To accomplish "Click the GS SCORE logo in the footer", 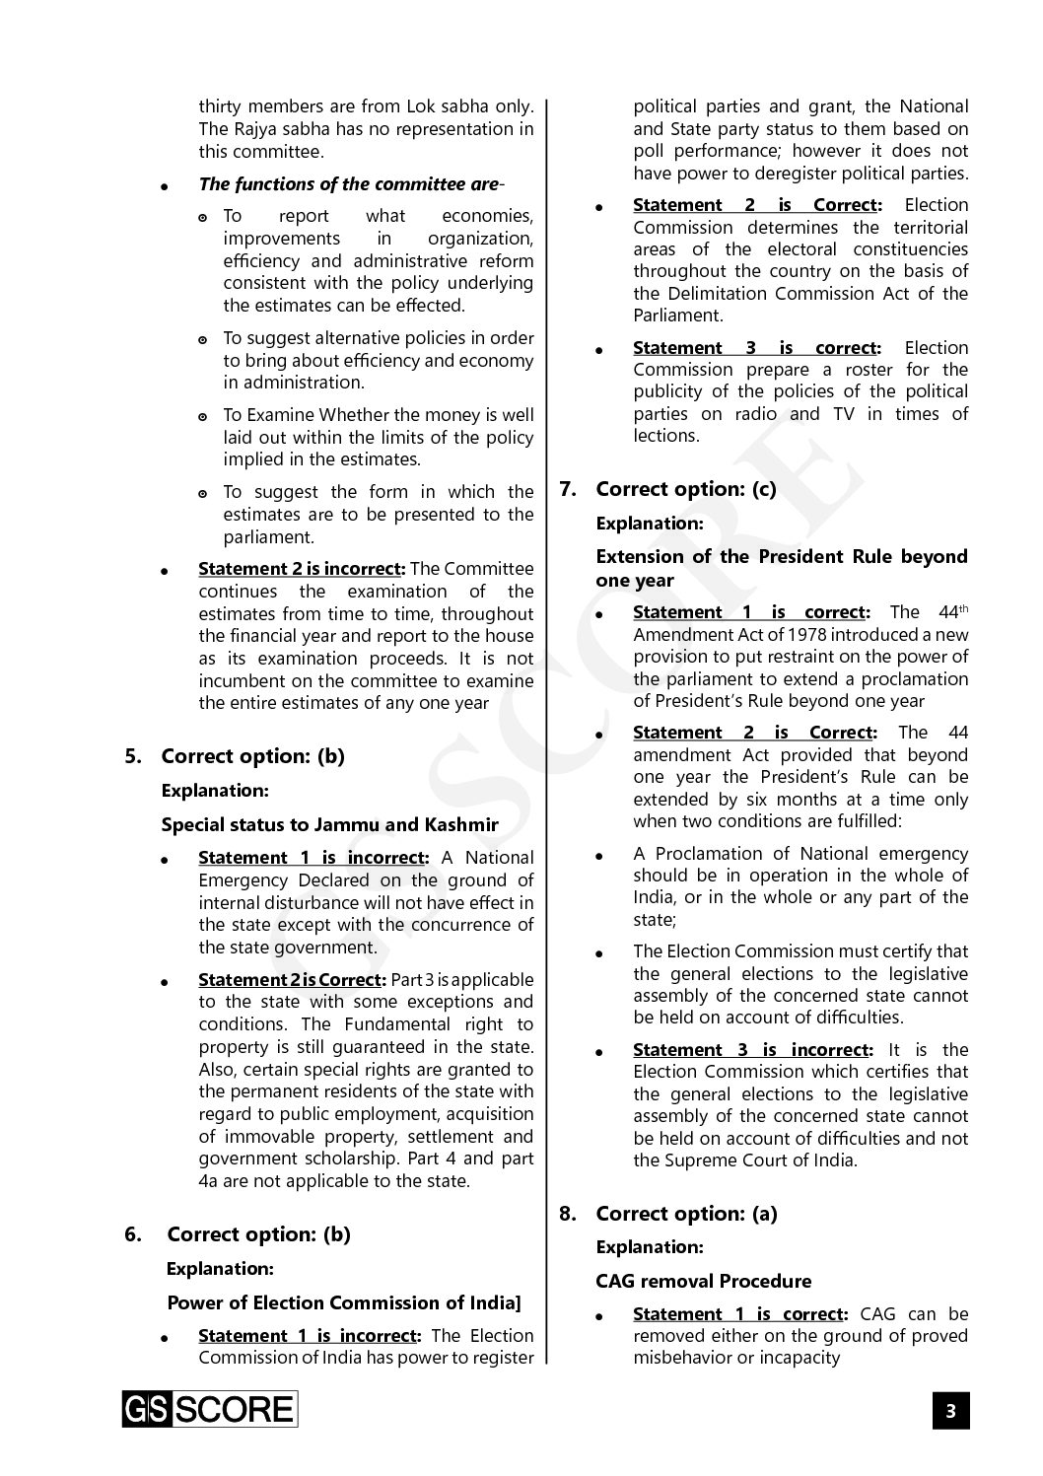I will [209, 1410].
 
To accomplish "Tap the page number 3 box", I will [950, 1411].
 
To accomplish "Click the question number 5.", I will [133, 756].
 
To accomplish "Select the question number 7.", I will [568, 489].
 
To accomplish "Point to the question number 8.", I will [568, 1214].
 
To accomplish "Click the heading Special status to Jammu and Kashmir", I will [329, 824].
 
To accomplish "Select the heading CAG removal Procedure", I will [704, 1281].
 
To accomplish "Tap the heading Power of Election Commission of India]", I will [344, 1302].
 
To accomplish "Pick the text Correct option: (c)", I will [686, 489].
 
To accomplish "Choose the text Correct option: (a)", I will [686, 1214].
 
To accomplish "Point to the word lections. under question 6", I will [665, 436].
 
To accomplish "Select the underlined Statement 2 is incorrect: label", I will [302, 569].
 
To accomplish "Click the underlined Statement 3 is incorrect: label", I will [752, 1050].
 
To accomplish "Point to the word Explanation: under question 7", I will [649, 523].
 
